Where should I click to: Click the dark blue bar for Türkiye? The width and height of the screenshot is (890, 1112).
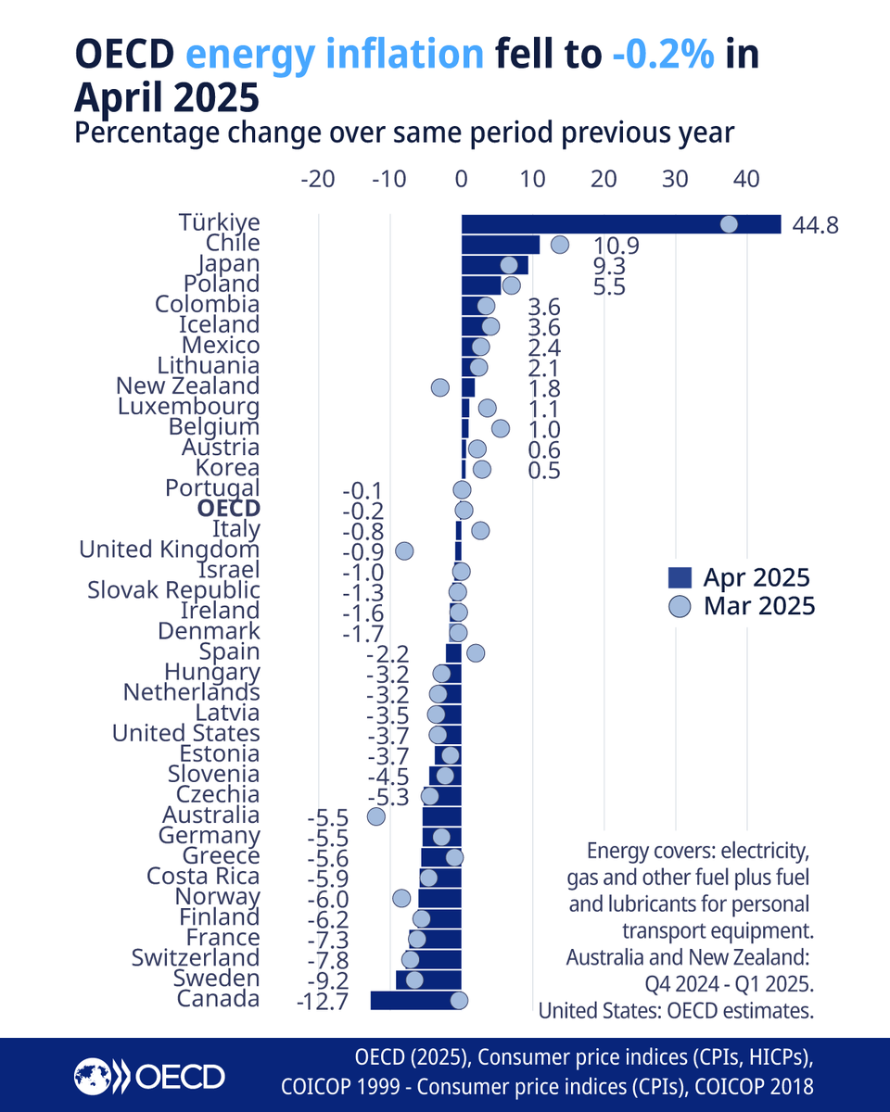(x=621, y=224)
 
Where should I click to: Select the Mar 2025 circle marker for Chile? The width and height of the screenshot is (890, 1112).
(x=560, y=245)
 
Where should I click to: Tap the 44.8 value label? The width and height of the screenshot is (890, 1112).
(x=816, y=225)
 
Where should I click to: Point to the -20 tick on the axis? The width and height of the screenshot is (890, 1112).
(x=318, y=180)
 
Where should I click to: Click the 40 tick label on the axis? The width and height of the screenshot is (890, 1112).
(x=747, y=180)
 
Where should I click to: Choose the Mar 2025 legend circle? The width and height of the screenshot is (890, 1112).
(x=680, y=606)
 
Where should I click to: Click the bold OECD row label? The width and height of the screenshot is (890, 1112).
(x=228, y=510)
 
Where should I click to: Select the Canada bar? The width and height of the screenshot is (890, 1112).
(x=415, y=1000)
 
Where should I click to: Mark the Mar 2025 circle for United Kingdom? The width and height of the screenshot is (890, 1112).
(x=404, y=550)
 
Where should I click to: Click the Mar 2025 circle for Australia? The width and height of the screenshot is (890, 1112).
(x=375, y=816)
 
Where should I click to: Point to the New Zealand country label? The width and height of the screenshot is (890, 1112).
(x=187, y=386)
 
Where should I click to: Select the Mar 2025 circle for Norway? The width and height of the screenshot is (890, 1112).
(x=400, y=898)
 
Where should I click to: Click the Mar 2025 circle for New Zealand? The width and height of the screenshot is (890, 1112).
(x=440, y=387)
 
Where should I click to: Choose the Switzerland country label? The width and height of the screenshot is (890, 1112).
(x=196, y=958)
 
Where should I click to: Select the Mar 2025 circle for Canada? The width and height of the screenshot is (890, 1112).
(x=459, y=1000)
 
